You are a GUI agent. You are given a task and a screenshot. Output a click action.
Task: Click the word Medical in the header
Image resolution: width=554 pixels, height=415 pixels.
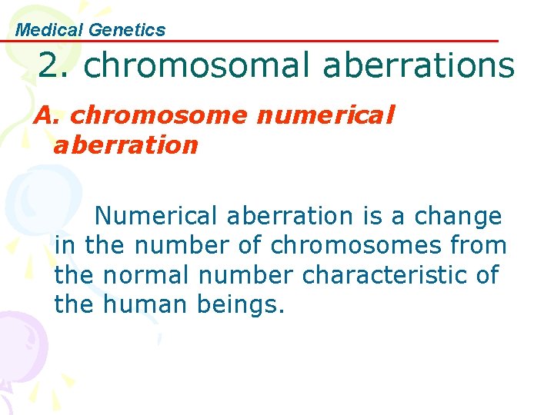click(x=50, y=30)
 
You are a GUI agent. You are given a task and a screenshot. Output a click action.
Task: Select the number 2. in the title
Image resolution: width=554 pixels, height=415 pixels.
click(x=55, y=66)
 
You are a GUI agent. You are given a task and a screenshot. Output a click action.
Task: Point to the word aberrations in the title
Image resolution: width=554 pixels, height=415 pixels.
click(x=419, y=66)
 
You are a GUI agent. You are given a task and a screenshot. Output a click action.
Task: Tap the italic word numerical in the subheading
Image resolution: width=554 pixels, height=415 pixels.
click(x=325, y=115)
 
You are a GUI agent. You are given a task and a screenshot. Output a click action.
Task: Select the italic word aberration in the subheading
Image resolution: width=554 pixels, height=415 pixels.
click(x=125, y=144)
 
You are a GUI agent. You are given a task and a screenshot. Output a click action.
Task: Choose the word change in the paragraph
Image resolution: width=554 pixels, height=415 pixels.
click(x=459, y=217)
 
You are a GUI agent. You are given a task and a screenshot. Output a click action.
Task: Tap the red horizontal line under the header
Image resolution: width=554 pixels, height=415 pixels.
click(x=308, y=41)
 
